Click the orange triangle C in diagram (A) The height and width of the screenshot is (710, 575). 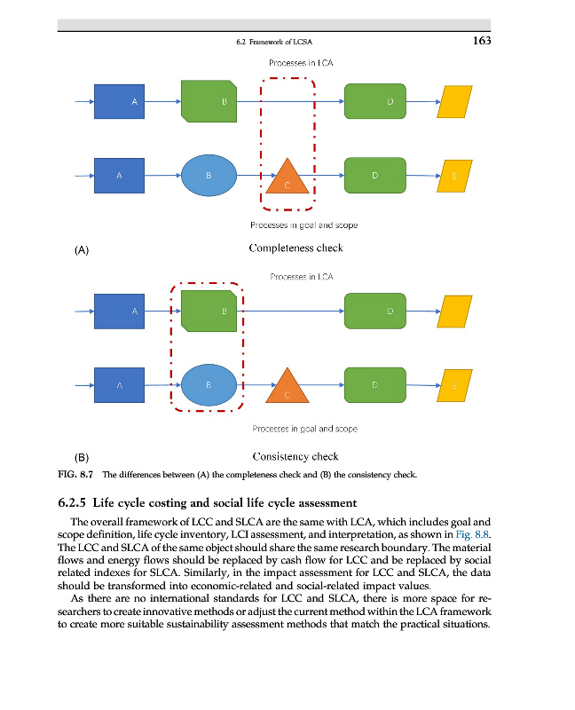click(287, 177)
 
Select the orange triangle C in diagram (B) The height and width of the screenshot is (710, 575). click(287, 386)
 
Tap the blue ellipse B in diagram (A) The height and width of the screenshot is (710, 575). click(209, 175)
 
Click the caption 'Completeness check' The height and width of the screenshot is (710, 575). click(295, 248)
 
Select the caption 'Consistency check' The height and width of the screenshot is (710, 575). click(295, 457)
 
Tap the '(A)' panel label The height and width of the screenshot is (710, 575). click(82, 250)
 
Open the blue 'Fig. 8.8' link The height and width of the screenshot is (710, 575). click(472, 534)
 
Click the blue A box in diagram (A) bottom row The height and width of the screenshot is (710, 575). click(120, 175)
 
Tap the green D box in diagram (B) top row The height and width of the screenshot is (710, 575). click(374, 311)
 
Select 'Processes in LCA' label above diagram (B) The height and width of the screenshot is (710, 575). click(302, 277)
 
